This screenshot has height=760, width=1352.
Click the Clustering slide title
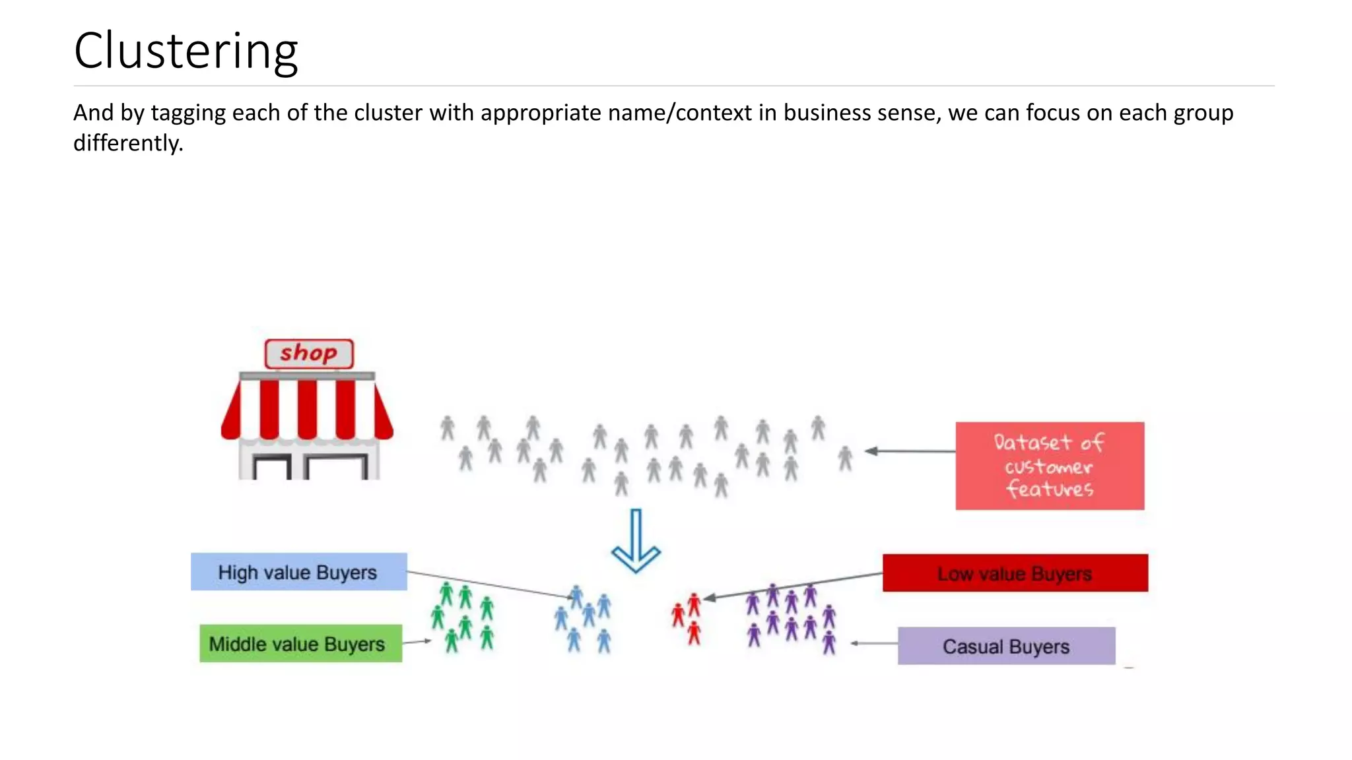186,51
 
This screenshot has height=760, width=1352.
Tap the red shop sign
308,354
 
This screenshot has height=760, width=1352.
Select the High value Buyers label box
298,572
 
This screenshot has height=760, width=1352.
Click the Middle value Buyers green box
300,643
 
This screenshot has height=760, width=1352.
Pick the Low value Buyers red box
1015,573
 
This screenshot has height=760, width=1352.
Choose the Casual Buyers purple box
1006,646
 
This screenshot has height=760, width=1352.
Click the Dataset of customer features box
1049,466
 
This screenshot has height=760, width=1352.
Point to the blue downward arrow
635,541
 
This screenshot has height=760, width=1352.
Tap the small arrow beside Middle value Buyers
417,641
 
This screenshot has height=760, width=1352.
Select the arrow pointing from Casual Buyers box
873,643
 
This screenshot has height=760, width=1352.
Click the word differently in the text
127,143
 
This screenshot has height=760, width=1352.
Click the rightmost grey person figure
845,459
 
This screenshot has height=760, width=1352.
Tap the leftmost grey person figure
448,428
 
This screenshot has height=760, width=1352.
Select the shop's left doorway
272,468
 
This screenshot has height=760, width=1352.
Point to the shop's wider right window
337,468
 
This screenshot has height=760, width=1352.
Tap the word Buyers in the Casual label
1038,647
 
